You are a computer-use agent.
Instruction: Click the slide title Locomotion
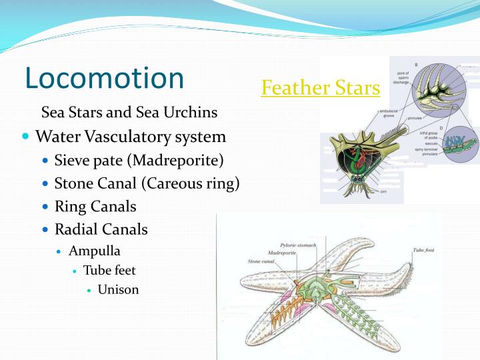click(x=104, y=78)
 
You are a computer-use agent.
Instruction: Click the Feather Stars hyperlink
click(x=321, y=87)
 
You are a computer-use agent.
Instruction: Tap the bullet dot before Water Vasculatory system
click(x=26, y=136)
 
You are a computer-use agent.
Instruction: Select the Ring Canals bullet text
click(x=95, y=207)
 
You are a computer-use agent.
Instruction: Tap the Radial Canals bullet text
click(x=101, y=229)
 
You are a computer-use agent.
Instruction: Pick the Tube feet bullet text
click(x=109, y=270)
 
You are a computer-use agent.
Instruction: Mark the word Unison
click(x=118, y=289)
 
